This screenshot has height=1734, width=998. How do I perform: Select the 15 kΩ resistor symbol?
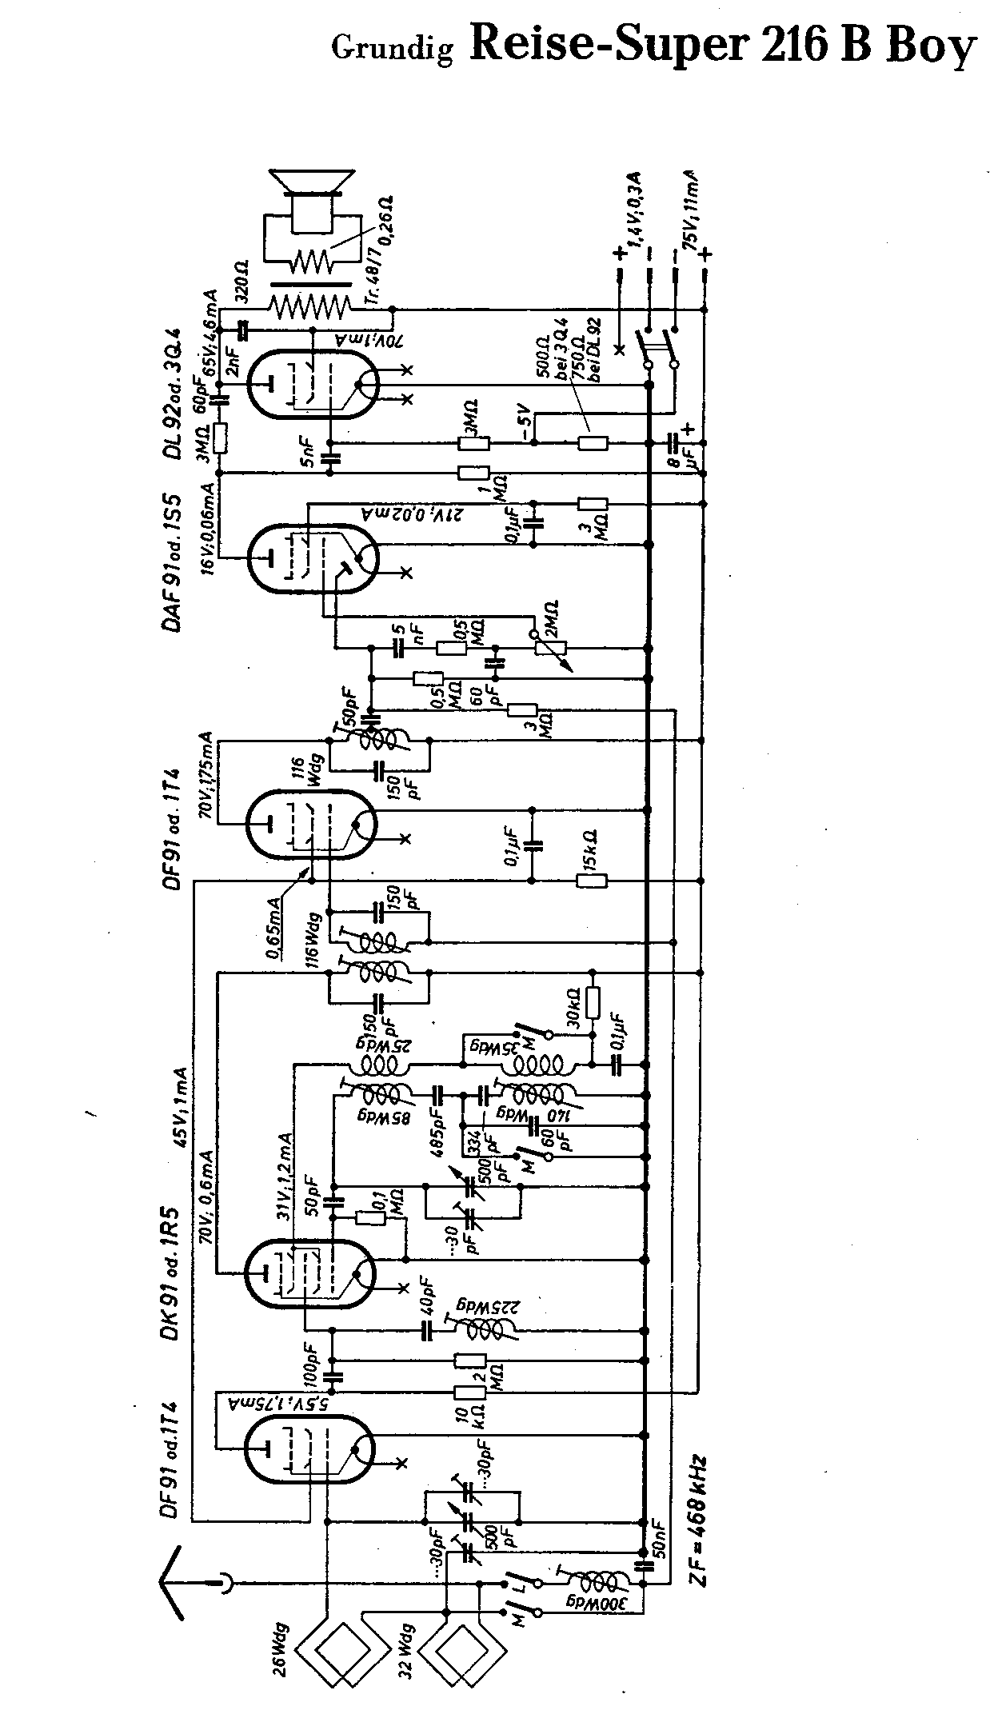pyautogui.click(x=592, y=881)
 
